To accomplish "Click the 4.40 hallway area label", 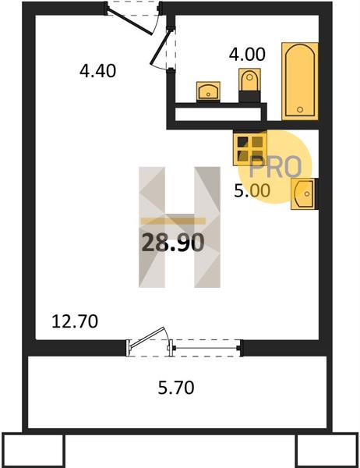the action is (x=98, y=71).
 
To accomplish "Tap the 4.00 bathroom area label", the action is (x=247, y=55).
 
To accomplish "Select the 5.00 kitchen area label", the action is (x=252, y=191).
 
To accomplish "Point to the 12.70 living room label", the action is (x=75, y=321).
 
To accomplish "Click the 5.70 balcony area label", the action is (x=176, y=388).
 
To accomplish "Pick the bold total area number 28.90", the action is (x=173, y=242).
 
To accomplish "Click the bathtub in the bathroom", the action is (x=300, y=81).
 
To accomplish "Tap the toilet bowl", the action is (x=249, y=80).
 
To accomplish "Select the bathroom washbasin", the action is (x=208, y=91).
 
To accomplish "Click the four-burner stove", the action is (x=250, y=148).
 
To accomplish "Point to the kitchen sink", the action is (x=303, y=193).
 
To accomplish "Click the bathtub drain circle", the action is (x=300, y=109).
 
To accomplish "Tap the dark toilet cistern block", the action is (x=249, y=97).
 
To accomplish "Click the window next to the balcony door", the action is (x=206, y=348).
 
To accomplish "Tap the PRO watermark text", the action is (x=275, y=167).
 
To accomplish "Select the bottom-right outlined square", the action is (x=327, y=450).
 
